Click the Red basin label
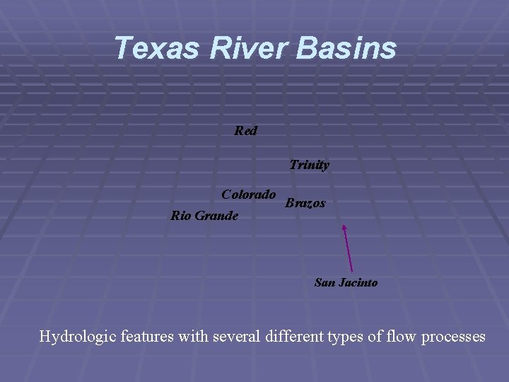coord(246,131)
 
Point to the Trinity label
coord(309,165)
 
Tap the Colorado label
coord(248,195)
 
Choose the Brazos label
coord(305,203)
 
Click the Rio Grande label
coord(204,215)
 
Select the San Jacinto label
coord(346,283)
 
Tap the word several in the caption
coord(238,337)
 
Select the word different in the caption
coord(296,337)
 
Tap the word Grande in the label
coord(218,215)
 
